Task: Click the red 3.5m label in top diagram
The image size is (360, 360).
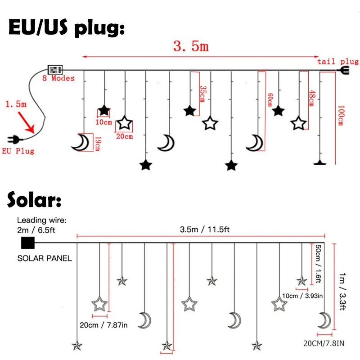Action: [x=191, y=46]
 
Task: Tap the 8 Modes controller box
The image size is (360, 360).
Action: [x=55, y=70]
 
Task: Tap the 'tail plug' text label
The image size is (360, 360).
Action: [x=338, y=62]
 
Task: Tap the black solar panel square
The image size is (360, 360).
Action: [x=27, y=243]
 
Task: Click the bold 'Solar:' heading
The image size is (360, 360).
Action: [x=34, y=201]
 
